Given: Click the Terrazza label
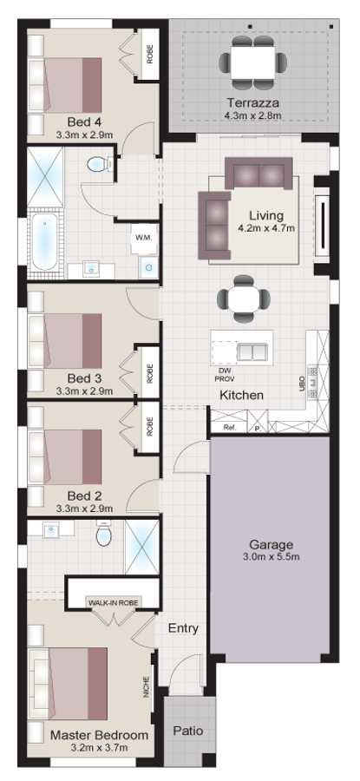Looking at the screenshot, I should pos(254,101).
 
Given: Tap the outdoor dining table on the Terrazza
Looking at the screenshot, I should pos(254,60).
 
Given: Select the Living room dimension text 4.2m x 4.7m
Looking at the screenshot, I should pos(266,229).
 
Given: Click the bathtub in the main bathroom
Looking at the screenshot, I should pos(45,242).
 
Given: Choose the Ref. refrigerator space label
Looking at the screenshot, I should pos(229,428).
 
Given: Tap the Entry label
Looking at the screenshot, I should pos(183,628).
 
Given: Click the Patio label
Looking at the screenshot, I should pos(187,731).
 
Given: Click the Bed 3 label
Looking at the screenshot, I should pos(85,378).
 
